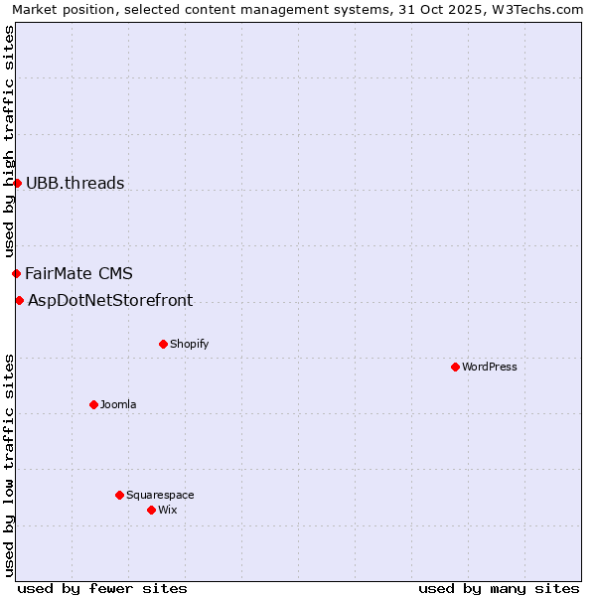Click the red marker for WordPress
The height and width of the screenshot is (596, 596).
click(455, 367)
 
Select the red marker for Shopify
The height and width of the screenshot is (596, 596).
click(163, 344)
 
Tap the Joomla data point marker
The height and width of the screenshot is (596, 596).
click(93, 404)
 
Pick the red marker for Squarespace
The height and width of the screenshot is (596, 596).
click(119, 495)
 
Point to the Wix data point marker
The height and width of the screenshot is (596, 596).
click(151, 510)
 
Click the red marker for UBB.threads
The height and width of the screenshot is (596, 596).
click(17, 183)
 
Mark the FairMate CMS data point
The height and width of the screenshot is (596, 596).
click(16, 273)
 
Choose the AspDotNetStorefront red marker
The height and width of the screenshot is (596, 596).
click(19, 300)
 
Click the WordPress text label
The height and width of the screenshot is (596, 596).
click(490, 367)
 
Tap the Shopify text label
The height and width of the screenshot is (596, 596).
click(189, 344)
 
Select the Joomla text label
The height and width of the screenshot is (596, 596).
click(118, 404)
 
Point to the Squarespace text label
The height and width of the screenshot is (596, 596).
click(160, 495)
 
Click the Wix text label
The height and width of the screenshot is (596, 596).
click(168, 510)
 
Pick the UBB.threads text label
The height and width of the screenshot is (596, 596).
click(75, 183)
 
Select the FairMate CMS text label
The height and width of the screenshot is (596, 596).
click(78, 273)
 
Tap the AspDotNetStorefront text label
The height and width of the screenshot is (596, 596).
click(110, 300)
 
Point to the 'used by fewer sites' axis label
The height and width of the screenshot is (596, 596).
click(102, 588)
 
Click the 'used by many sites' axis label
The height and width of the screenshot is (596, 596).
click(499, 588)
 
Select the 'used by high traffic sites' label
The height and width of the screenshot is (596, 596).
click(9, 141)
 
